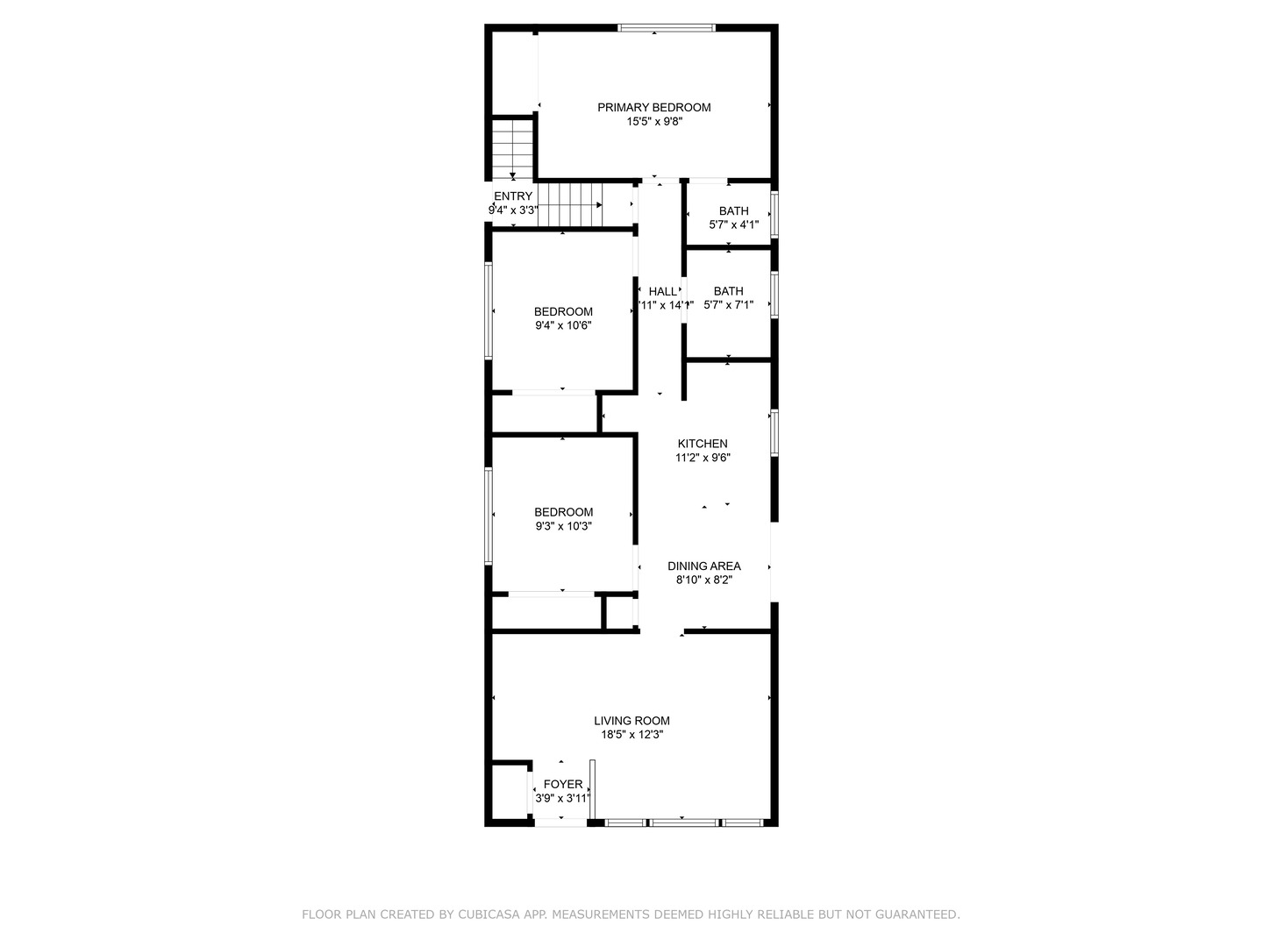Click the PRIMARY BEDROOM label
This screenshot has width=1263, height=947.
(653, 107)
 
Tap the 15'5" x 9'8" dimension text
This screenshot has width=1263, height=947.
(653, 122)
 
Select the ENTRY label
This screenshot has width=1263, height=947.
(513, 196)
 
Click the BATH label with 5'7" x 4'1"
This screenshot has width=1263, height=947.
(733, 210)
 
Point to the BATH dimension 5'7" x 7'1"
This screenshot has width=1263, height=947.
(728, 305)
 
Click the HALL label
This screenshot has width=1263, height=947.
(662, 291)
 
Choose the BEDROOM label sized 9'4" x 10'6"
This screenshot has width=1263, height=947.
(563, 311)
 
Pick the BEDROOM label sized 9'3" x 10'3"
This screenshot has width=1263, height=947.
(563, 512)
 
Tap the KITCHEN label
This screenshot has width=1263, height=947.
(702, 444)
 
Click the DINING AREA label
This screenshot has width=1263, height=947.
(703, 566)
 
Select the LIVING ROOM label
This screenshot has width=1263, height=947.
(631, 721)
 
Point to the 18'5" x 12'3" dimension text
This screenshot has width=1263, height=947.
(631, 735)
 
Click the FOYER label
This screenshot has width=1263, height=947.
(562, 784)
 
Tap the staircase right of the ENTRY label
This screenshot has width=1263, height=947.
(570, 204)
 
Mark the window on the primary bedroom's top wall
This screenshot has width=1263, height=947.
(667, 28)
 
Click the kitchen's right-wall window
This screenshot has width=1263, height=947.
(774, 432)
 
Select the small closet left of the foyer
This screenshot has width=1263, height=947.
(507, 792)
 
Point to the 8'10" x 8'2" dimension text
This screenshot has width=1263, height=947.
(703, 580)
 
